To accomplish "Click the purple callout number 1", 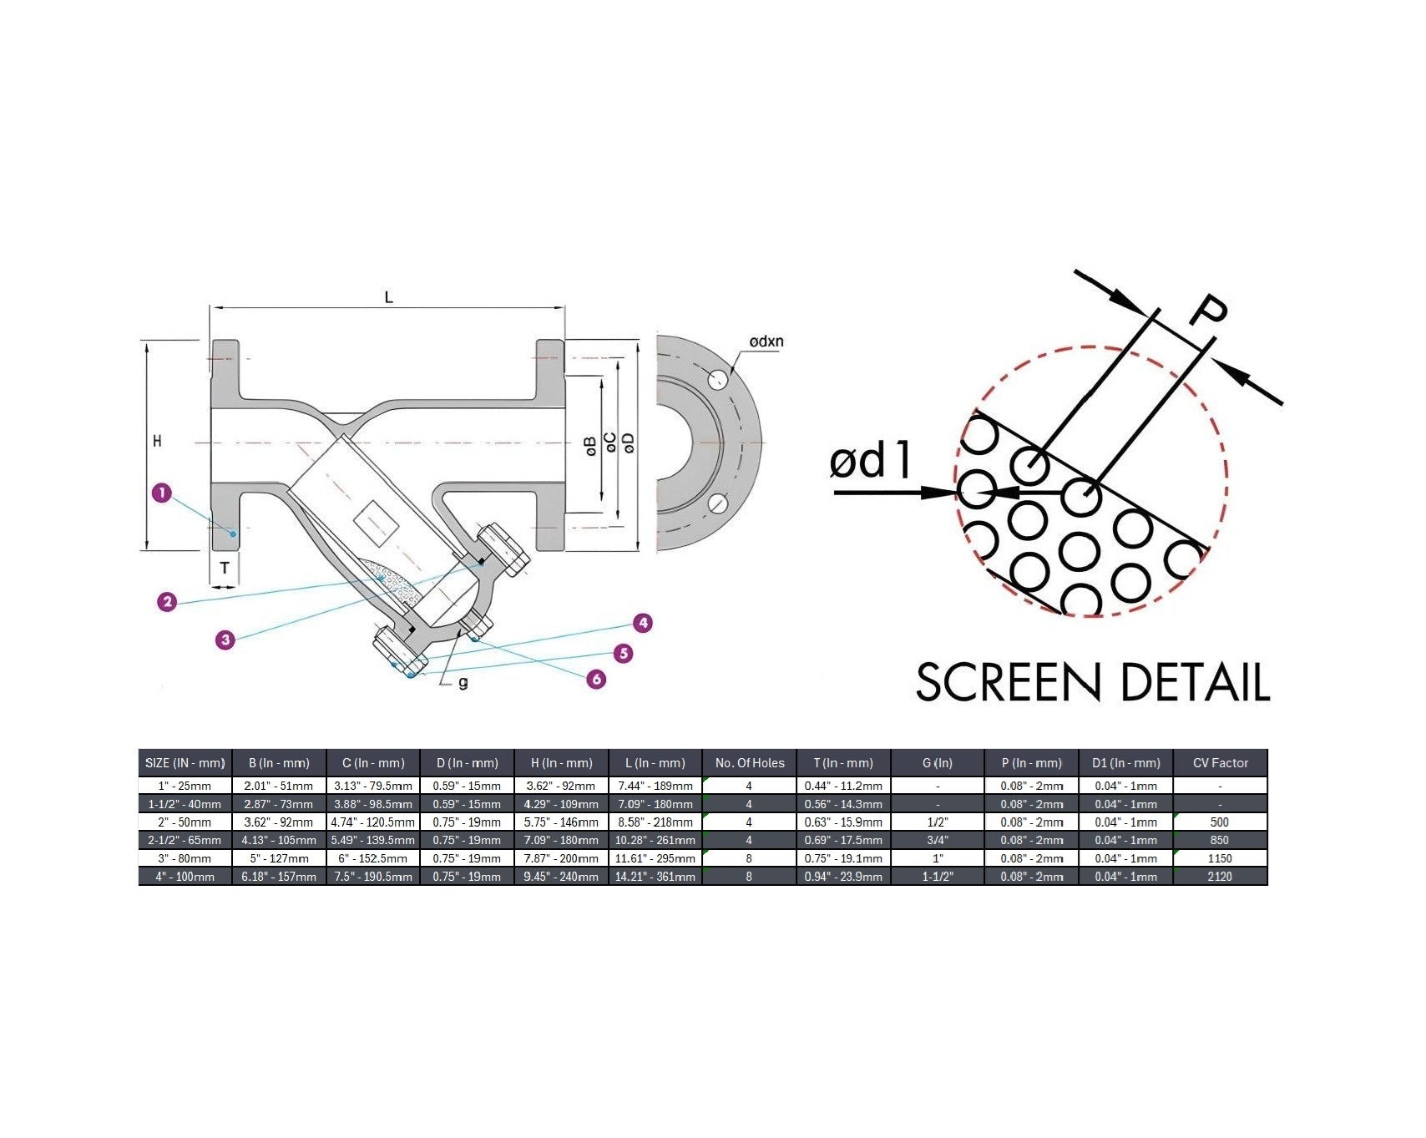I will [x=162, y=493].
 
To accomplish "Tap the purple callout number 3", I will [x=225, y=640].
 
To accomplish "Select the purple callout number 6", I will [x=596, y=680].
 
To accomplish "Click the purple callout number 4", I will [x=641, y=623].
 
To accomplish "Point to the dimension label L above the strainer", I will [x=388, y=297].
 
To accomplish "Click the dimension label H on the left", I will [x=157, y=441].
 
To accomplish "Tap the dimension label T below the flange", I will [x=225, y=569].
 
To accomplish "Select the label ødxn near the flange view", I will [x=766, y=341].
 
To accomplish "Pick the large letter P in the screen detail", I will [x=1208, y=311].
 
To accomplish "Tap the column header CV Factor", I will [x=1220, y=763].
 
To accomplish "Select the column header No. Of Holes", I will [x=750, y=763].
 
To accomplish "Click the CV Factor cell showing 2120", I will [x=1220, y=877].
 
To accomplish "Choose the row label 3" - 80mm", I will [x=185, y=858].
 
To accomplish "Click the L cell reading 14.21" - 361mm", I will [x=655, y=877].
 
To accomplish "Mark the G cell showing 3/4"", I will [x=938, y=840].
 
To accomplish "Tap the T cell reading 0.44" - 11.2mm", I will [x=843, y=786].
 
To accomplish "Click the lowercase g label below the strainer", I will [x=463, y=683].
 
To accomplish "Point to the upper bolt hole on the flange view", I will [x=717, y=379].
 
